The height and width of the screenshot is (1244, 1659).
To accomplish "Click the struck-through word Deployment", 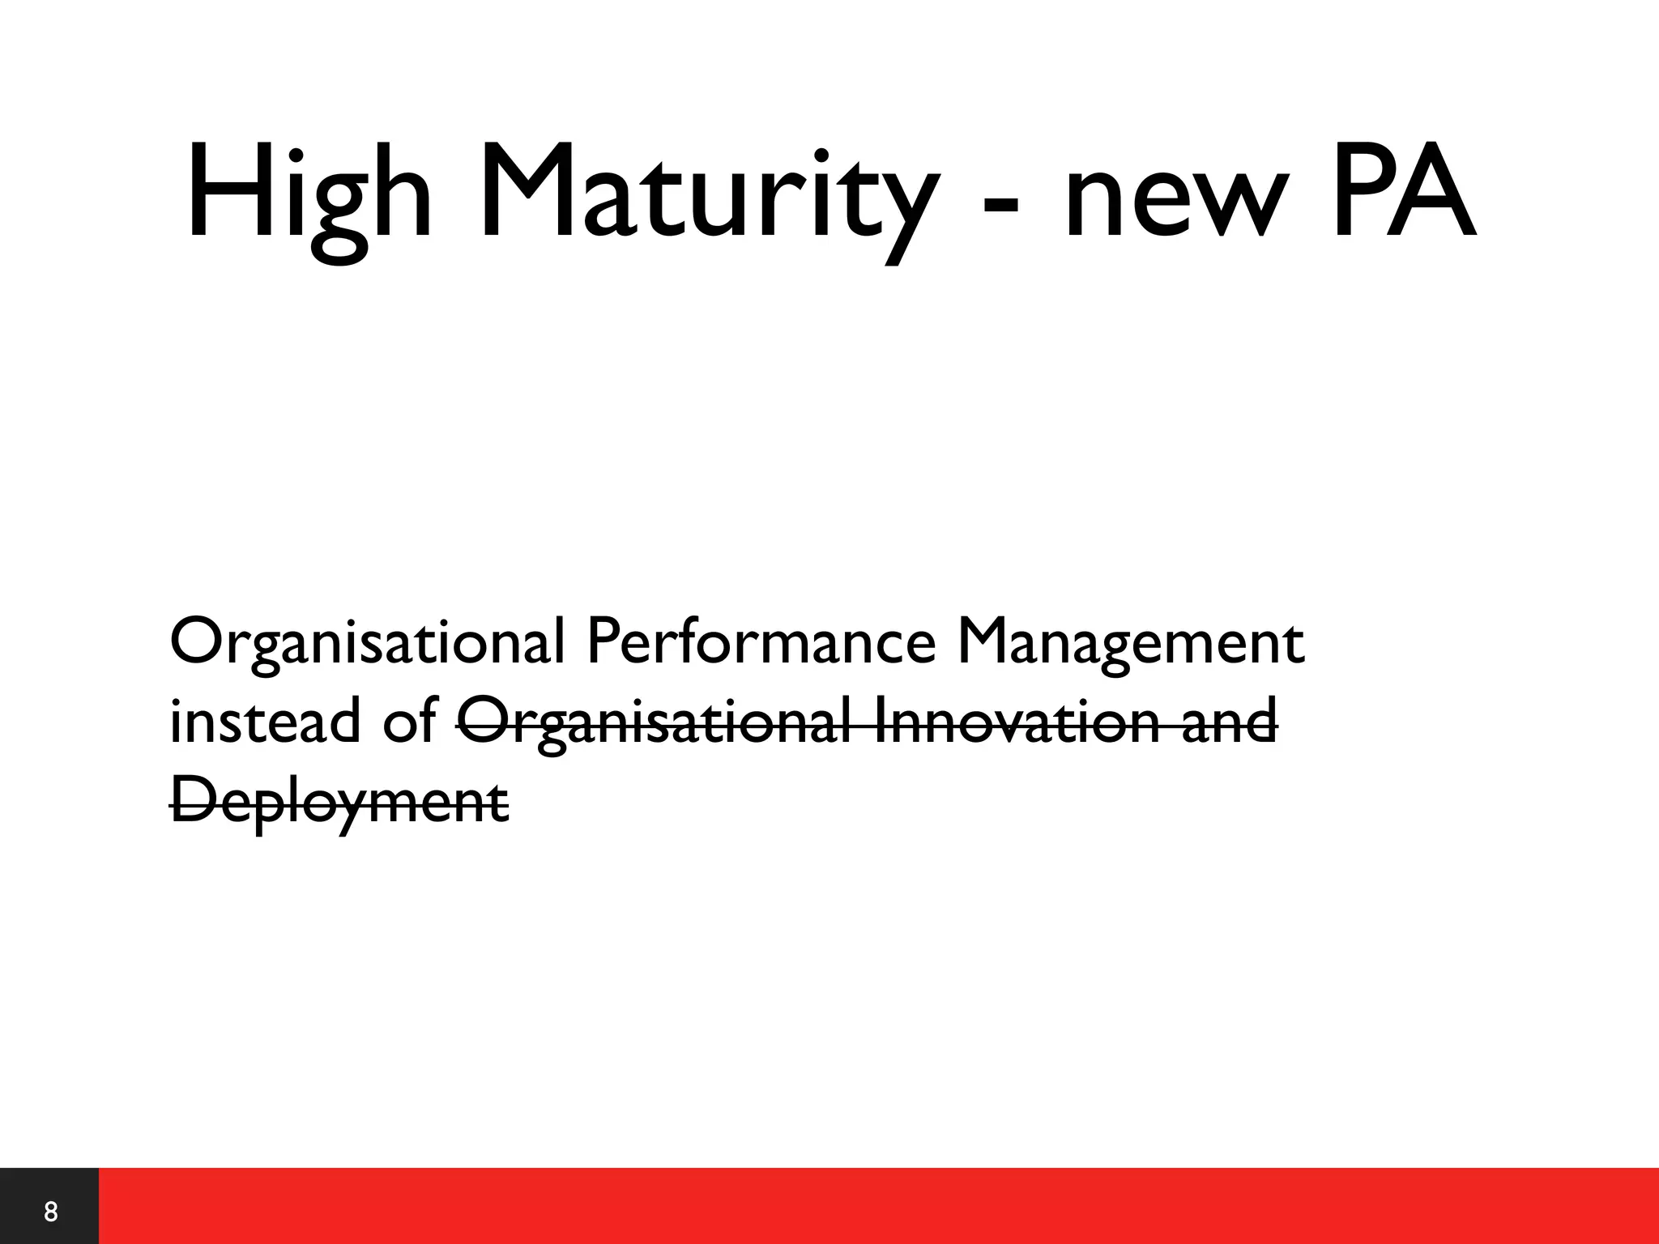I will [339, 801].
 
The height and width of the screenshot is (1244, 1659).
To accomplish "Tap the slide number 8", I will [50, 1212].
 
